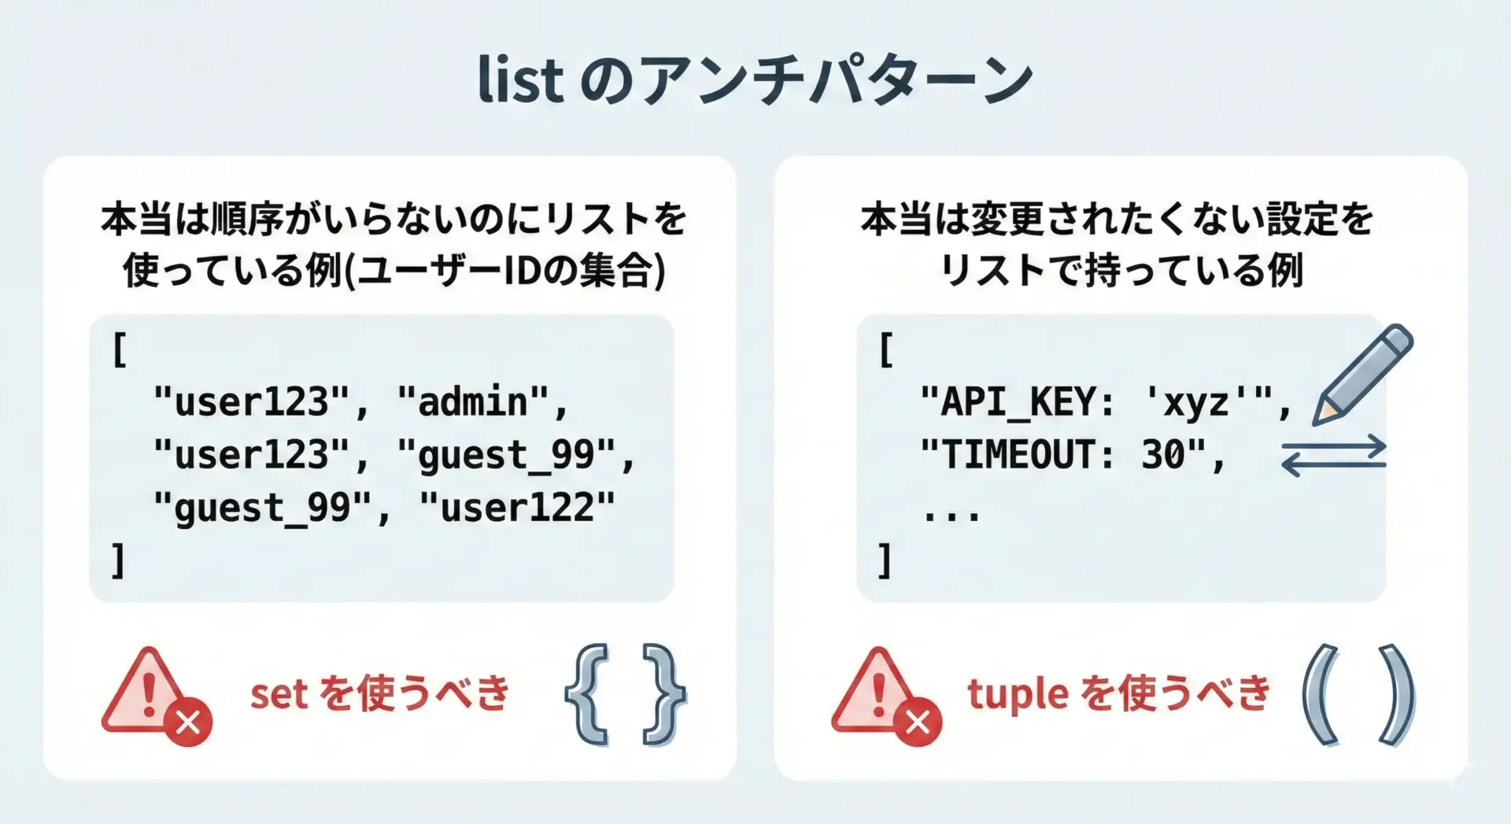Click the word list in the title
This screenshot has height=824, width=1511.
(x=521, y=79)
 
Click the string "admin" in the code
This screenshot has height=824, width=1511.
(x=472, y=401)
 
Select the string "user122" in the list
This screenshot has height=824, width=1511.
(x=517, y=507)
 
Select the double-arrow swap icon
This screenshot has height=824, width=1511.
(x=1334, y=456)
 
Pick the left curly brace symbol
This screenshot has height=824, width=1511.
(x=587, y=694)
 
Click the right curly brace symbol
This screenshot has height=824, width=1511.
(x=664, y=694)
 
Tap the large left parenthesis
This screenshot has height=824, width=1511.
(x=1321, y=694)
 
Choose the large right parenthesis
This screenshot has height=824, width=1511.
(x=1397, y=694)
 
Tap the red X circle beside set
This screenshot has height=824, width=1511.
(x=188, y=722)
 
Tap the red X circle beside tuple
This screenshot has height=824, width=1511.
(x=918, y=722)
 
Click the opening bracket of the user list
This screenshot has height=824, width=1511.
(x=120, y=349)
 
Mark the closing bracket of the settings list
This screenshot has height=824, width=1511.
(x=885, y=560)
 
